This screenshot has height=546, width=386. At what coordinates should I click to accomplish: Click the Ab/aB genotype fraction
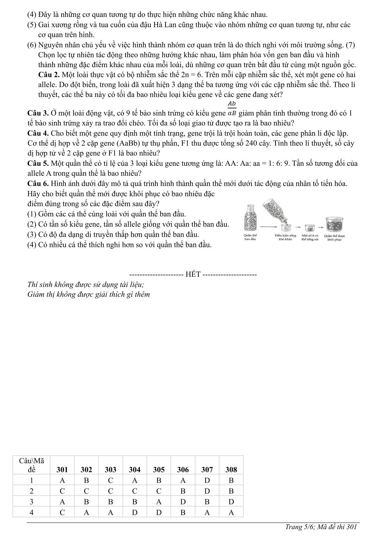[232, 108]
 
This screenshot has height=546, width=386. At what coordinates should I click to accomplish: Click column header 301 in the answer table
[62, 469]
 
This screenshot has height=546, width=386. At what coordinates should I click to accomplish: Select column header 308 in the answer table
[231, 469]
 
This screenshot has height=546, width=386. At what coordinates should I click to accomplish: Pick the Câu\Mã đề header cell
[31, 465]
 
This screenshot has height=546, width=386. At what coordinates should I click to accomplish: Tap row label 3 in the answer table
[31, 502]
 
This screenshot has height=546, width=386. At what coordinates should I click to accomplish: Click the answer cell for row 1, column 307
[207, 480]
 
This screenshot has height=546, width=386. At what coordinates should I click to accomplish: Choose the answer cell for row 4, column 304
[135, 513]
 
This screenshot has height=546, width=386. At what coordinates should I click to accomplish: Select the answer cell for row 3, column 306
[183, 502]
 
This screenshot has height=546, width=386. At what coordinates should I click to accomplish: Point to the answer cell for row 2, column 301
[62, 491]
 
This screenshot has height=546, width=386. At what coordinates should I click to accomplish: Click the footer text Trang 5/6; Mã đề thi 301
[321, 527]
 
